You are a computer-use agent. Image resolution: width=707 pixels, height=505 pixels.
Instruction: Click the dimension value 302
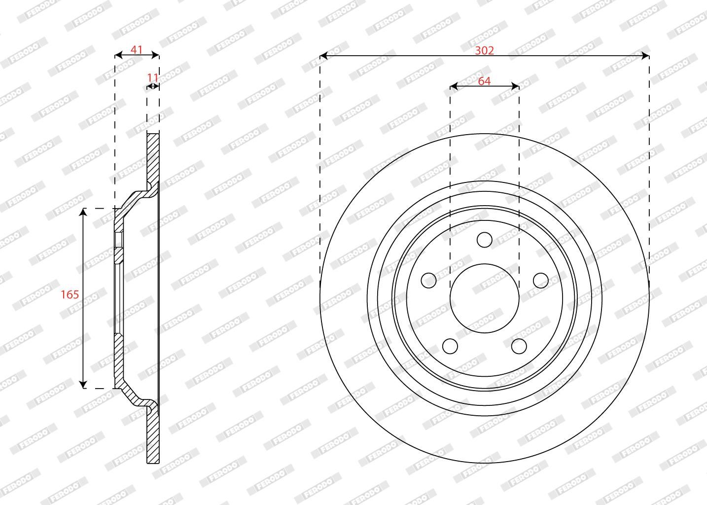tap(484, 50)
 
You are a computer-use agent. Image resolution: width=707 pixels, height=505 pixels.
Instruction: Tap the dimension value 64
tap(484, 81)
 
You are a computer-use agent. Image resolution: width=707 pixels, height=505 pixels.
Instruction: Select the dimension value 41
tap(137, 49)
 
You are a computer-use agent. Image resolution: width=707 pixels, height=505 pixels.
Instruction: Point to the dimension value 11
tap(153, 77)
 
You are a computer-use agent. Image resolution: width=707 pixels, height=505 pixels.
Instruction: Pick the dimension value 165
tap(70, 294)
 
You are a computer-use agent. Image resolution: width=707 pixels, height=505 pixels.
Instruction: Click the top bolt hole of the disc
tap(485, 240)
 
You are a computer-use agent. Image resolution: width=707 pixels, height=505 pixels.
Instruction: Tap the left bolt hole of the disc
tap(429, 280)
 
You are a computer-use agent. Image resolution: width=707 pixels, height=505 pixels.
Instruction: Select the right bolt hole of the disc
tap(541, 280)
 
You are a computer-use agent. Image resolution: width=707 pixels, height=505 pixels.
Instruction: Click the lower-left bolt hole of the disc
tap(450, 346)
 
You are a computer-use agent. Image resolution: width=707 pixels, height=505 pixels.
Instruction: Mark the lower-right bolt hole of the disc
tap(519, 346)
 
